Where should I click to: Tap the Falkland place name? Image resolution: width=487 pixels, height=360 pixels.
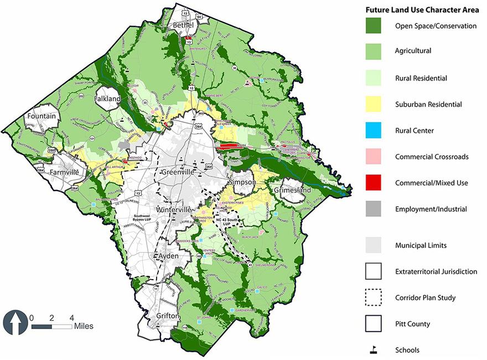pos(107,98)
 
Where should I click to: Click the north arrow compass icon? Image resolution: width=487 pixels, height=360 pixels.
pos(14,322)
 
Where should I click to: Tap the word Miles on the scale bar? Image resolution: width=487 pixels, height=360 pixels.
pos(84,326)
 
